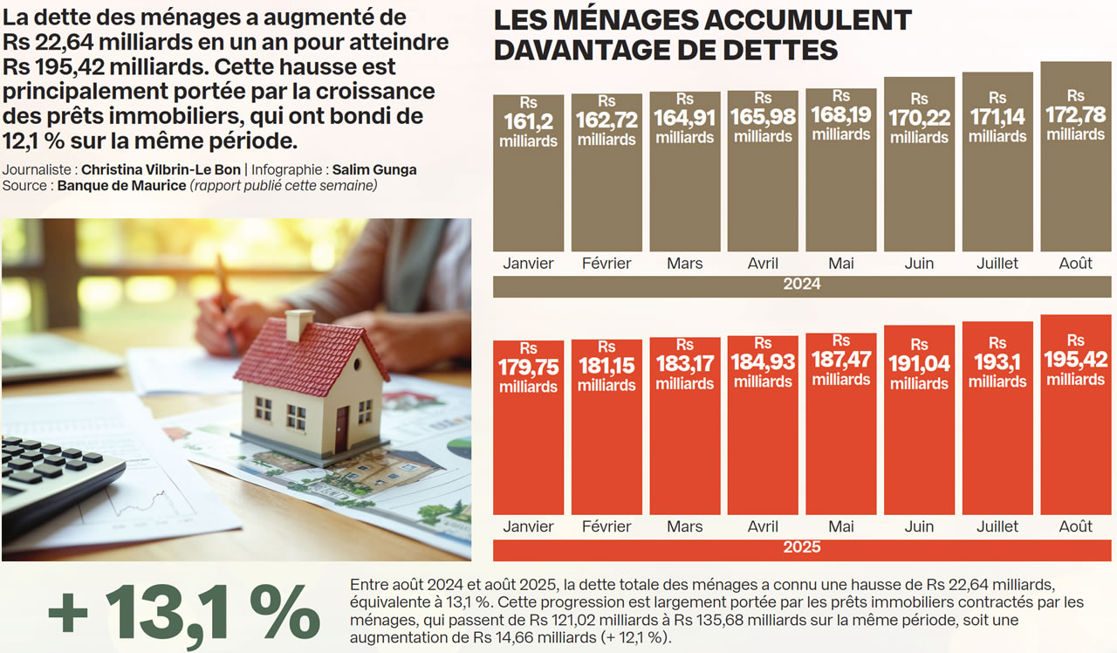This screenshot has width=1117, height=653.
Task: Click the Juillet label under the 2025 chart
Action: coord(997,526)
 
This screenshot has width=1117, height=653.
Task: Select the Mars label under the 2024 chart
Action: coord(684,263)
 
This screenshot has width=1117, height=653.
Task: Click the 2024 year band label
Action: coord(801,285)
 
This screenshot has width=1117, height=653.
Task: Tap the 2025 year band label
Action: coord(801,548)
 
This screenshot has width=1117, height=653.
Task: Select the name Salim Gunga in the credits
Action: coord(373,170)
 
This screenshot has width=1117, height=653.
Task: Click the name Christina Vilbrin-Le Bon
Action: coord(161,170)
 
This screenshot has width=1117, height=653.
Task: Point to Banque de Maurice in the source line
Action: coord(121,185)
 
